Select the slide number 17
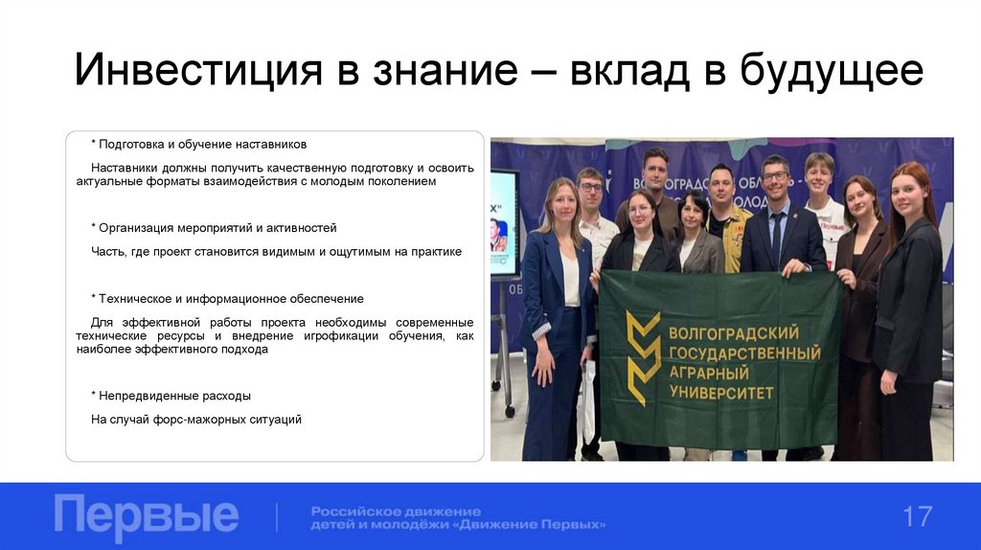917,516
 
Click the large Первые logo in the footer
146,516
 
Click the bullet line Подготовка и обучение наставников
199,144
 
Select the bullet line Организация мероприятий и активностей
215,228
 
